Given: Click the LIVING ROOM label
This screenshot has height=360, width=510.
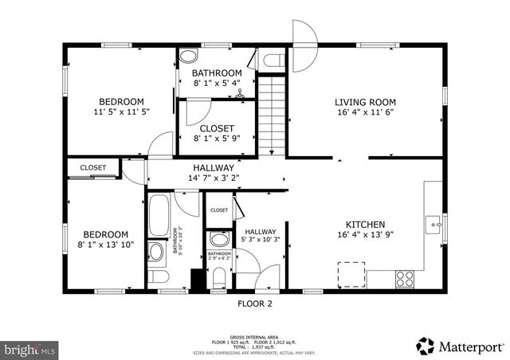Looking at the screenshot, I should point(365,102).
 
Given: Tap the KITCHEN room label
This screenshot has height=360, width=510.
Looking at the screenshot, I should point(365,225).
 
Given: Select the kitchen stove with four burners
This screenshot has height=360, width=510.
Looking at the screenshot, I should point(405,279).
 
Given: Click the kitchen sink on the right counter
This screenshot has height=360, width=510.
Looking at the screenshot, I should point(434,225).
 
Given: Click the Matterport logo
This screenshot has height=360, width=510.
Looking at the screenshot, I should point(460,346).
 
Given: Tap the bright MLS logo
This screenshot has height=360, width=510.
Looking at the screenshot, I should point(30,349).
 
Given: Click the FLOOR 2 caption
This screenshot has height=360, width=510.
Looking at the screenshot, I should point(255,303).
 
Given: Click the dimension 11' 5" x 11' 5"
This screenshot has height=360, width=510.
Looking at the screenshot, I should point(121,113).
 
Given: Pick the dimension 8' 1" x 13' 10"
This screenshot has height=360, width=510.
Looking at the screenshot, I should point(106,245).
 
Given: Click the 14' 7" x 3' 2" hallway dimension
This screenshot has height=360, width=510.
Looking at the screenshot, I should point(214,178).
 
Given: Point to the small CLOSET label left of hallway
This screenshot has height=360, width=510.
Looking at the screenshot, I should point(92,167).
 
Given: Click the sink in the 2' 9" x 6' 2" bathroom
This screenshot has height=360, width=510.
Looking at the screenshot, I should point(218,240).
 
